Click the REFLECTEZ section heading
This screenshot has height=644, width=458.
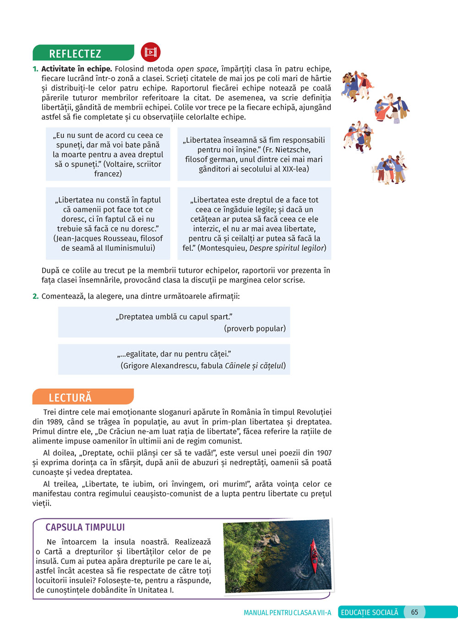tap(75, 54)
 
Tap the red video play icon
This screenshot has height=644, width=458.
tap(151, 52)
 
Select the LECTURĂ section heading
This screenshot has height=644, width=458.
tap(70, 397)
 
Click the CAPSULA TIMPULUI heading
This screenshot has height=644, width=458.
tap(85, 527)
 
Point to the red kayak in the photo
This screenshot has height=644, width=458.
tap(314, 556)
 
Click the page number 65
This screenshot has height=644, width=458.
tap(414, 612)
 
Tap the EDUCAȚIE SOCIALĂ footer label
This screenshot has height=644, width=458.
tap(370, 612)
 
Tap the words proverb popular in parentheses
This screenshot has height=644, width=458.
tap(255, 329)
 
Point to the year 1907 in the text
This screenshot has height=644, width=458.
tap(324, 453)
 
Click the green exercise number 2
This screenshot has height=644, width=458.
tap(35, 296)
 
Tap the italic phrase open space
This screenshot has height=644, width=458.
tap(196, 69)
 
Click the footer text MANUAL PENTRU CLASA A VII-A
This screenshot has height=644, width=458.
tap(287, 613)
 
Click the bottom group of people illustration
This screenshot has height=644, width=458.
tap(390, 169)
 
